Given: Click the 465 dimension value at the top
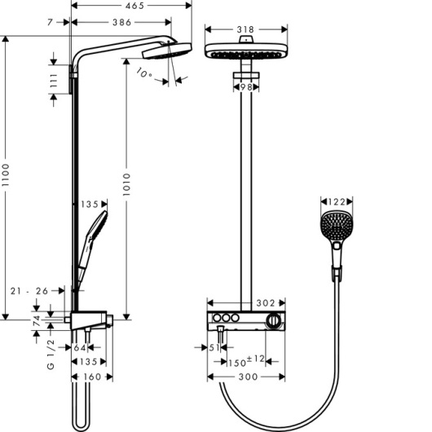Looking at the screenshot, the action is point(134,6).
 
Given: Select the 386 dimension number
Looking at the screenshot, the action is point(121,22).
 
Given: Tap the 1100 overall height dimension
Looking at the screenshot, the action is point(6,174).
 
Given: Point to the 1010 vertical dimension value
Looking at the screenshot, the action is point(126,184).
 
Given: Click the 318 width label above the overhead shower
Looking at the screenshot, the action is point(245,29).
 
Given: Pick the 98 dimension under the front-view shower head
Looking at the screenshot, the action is point(246,87).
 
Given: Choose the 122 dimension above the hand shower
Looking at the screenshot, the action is point(337,202).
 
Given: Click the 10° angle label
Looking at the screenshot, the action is point(144,73).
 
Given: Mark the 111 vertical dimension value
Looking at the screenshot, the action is point(54,81).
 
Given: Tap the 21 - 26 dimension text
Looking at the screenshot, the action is point(29,291).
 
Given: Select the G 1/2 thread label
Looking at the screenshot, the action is point(51,355).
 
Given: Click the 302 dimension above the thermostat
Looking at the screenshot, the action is point(266,303).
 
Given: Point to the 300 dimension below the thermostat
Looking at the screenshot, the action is point(248,377).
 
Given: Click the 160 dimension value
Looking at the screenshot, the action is point(92,377).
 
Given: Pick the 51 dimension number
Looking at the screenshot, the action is point(214,348).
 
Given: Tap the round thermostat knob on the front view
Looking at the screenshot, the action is point(274,320).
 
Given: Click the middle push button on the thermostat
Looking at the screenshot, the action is point(227,318).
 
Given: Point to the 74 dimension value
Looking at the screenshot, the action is point(37,321).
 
